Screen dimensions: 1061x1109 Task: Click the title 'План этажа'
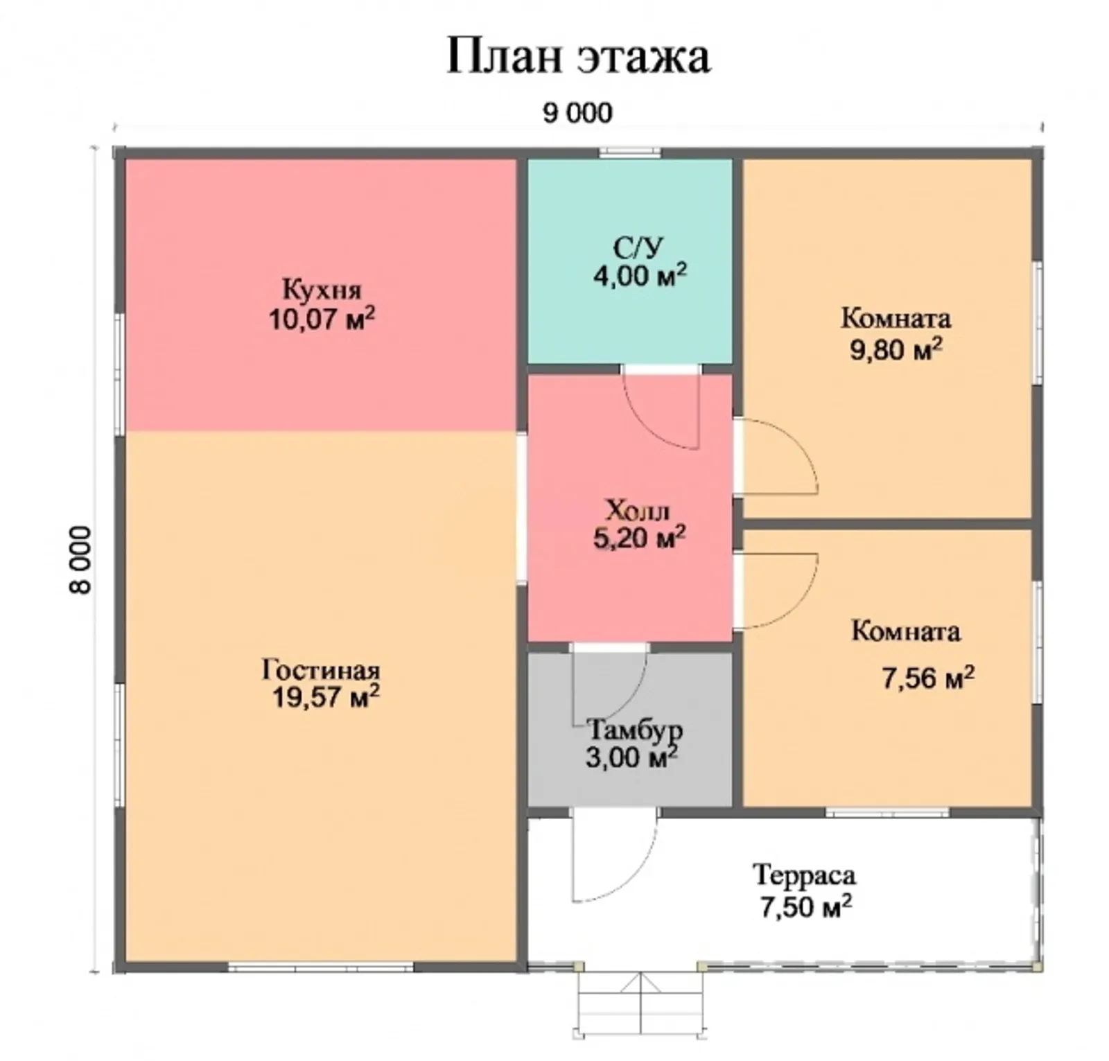tap(577, 56)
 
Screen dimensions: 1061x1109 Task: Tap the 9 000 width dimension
tap(577, 113)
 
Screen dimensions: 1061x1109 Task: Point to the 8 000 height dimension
tap(80, 559)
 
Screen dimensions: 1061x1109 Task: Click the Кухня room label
tap(322, 289)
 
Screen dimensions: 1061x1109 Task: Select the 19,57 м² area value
tap(325, 696)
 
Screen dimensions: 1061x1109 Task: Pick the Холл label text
tap(638, 511)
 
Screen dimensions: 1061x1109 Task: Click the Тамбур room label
tap(634, 730)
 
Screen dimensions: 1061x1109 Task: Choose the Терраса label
tap(804, 875)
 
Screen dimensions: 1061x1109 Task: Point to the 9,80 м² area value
tap(896, 349)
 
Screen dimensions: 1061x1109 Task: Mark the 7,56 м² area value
tap(927, 677)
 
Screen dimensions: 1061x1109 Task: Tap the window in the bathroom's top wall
tap(629, 152)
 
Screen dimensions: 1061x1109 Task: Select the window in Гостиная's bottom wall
tap(321, 966)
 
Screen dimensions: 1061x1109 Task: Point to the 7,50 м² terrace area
tap(805, 906)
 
